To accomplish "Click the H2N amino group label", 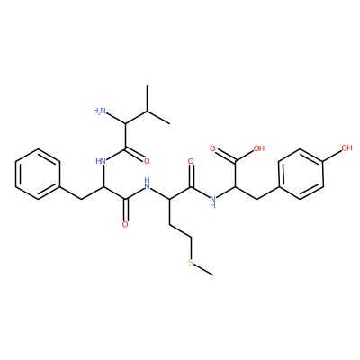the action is click(100, 112).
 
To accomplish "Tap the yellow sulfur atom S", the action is click(191, 263).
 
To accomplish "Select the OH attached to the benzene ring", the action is click(346, 148).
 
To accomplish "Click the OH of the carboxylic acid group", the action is click(259, 148).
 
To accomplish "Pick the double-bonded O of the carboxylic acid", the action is click(212, 148).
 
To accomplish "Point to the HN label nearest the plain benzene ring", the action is click(102, 161).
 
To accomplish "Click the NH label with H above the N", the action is click(147, 184).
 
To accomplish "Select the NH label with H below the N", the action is click(213, 202).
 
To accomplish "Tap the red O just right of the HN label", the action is click(147, 161).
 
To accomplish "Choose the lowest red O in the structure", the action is click(125, 225).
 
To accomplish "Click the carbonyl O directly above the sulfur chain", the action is click(191, 161).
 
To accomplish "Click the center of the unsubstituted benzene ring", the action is click(38, 175).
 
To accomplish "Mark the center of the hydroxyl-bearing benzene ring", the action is click(301, 175).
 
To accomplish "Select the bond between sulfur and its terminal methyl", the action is click(204, 269).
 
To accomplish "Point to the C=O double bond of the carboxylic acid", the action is click(226, 155).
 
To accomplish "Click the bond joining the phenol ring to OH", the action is click(332, 157).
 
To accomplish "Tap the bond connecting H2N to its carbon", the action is click(116, 118).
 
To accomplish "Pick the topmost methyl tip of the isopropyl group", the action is click(148, 86).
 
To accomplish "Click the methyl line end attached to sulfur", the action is click(213, 274).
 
